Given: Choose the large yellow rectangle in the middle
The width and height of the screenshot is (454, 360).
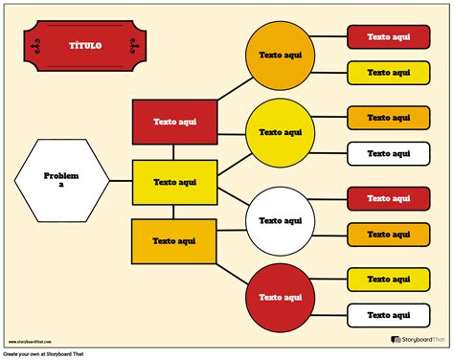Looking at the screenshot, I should coord(174,182).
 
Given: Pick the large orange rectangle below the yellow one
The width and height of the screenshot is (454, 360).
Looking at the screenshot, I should coord(174,241).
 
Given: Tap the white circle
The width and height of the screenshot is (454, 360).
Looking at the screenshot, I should coord(281,220).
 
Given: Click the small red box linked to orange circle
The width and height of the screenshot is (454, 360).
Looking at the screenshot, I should coord(388,36).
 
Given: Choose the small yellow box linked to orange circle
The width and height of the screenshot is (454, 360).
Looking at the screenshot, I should coord(388,72).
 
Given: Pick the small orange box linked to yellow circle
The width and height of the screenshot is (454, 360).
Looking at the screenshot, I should coord(388,117).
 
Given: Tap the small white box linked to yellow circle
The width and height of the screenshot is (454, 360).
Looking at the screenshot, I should coord(388,152).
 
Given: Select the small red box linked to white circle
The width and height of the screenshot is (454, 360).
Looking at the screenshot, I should coord(388,198).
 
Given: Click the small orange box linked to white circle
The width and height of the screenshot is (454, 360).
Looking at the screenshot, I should coord(388,234).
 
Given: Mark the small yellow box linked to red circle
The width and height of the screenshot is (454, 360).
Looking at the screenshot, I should coord(388,279).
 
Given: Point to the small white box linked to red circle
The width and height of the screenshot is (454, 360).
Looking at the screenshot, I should coord(388,314).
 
